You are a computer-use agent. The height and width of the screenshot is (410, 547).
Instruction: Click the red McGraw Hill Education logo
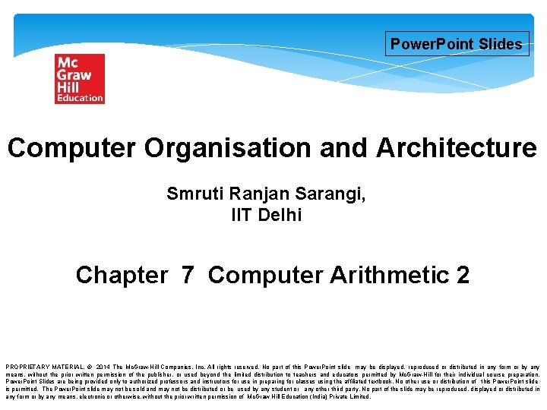point(79,79)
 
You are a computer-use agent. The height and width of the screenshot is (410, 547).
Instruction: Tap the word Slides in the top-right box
point(501,44)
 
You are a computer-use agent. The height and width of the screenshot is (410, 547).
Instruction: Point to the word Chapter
point(122,275)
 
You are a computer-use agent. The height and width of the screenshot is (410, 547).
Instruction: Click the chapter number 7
point(188,275)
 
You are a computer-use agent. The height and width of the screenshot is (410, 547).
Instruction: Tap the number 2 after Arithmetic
point(463,275)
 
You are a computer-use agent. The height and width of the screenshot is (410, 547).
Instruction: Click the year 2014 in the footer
point(105,367)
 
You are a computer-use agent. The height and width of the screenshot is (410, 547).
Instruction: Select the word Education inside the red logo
point(79,98)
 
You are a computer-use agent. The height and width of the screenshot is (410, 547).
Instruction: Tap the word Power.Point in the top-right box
point(432,44)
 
